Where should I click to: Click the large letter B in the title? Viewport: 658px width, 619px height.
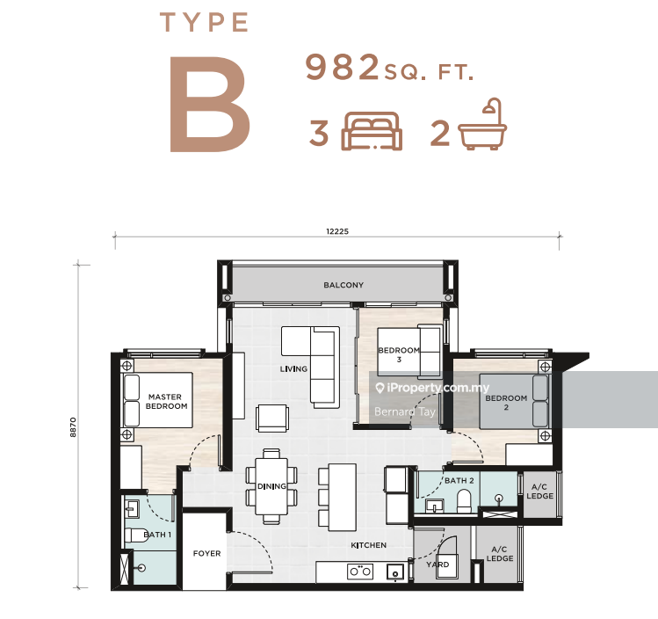pos(210,104)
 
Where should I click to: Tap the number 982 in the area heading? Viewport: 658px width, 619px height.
pos(342,67)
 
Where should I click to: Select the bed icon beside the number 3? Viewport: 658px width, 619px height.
pos(372,131)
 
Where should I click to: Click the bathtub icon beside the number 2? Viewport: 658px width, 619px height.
pos(482,124)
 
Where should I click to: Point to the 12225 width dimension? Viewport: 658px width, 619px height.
pos(337,231)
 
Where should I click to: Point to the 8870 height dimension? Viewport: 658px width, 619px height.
pos(73,427)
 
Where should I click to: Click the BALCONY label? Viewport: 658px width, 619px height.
pos(343,285)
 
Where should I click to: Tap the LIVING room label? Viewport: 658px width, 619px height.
pos(293,369)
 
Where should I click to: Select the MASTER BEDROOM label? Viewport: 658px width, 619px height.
pos(166,402)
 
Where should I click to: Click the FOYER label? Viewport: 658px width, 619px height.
pos(206,553)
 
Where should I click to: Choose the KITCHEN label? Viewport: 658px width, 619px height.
pos(368,545)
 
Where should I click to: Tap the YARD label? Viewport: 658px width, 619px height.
pos(437,564)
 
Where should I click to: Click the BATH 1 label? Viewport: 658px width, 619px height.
pos(157,535)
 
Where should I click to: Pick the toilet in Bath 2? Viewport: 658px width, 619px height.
pos(464,500)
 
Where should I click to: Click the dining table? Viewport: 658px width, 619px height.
pos(271,486)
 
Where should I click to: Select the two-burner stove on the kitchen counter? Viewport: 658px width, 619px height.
pos(360,572)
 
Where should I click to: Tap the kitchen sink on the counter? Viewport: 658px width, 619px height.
pos(394,572)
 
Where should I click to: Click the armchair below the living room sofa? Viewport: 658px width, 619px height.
pos(272,418)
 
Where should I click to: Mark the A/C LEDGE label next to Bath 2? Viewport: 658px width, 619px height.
pos(539,492)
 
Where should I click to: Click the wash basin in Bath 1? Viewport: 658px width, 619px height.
pos(132,509)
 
